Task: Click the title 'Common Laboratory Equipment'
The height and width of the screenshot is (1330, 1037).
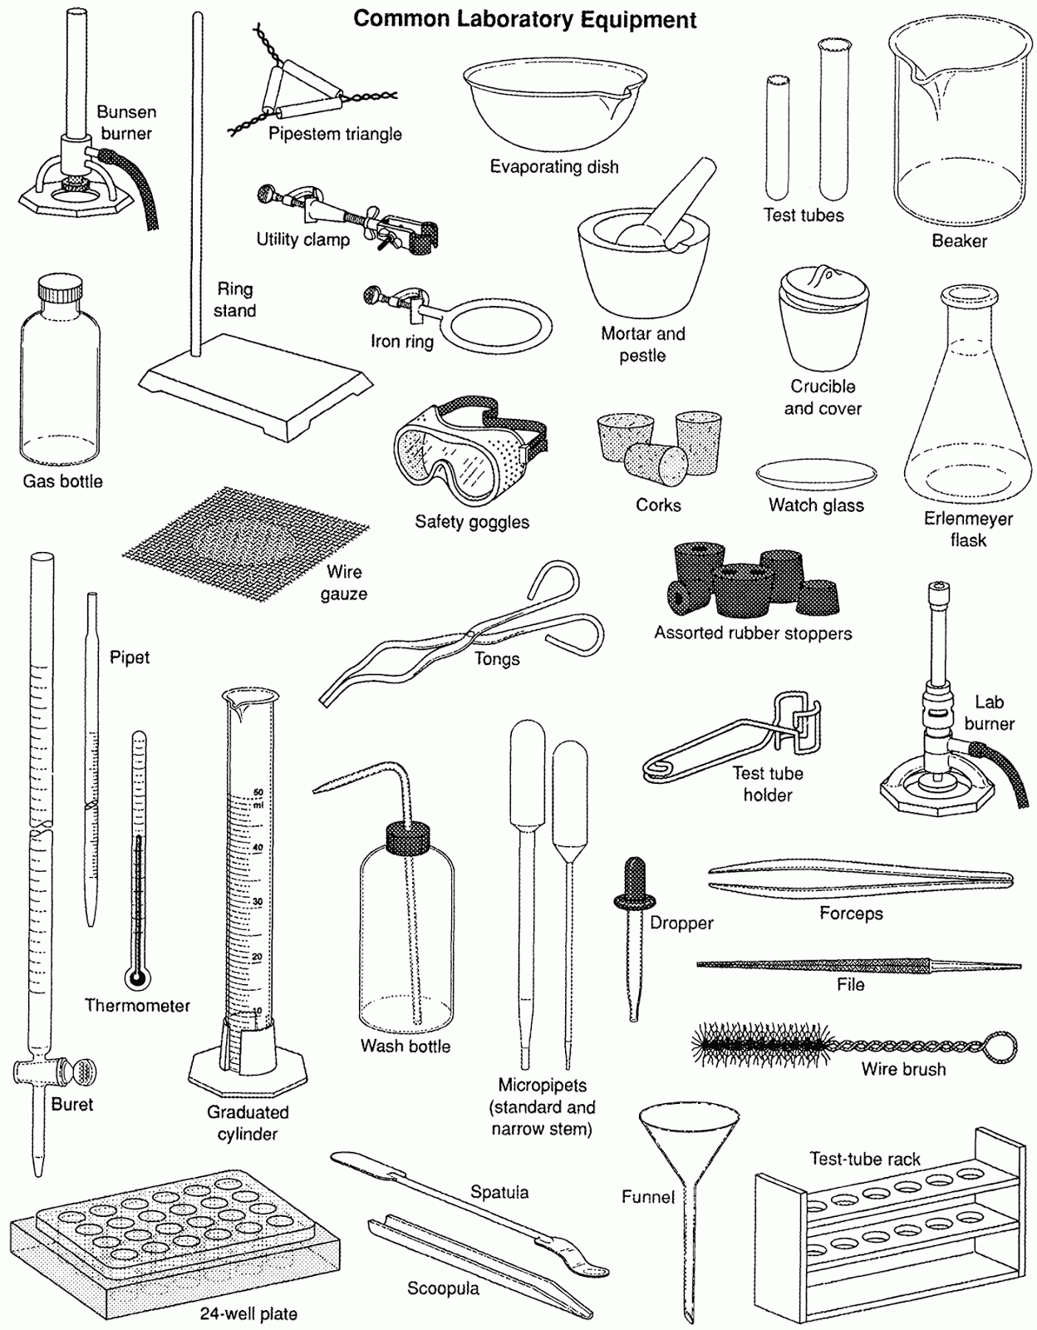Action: [524, 19]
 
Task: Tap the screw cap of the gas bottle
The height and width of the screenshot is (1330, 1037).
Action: [61, 292]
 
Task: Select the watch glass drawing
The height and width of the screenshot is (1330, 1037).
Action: [816, 475]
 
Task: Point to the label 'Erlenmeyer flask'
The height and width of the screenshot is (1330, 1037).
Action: [968, 530]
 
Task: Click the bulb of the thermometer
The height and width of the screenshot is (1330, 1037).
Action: [139, 978]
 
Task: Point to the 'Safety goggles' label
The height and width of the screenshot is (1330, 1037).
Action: [472, 522]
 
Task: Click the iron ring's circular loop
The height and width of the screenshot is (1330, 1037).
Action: [495, 326]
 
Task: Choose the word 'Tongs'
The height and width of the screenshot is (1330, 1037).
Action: [497, 659]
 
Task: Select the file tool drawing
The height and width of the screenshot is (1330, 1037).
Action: [856, 965]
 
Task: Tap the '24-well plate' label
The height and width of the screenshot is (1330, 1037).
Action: [248, 1314]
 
